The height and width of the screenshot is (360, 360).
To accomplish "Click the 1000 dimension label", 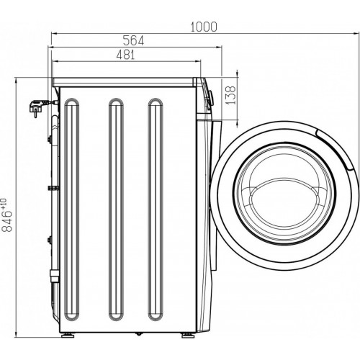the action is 204,27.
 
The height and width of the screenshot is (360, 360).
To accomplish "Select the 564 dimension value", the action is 133,40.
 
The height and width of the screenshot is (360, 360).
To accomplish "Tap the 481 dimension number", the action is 125,55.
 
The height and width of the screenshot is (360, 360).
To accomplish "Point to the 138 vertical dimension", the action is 231,95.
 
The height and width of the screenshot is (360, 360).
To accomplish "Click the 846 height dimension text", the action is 7,221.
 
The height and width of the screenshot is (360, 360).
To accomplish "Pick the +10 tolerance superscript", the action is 4,203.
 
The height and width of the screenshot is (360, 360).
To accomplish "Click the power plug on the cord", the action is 36,108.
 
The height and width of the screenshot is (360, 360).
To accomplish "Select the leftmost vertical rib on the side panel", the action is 72,125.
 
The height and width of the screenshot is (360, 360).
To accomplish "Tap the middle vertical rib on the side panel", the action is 116,125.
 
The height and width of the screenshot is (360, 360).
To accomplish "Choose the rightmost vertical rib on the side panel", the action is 156,125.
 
